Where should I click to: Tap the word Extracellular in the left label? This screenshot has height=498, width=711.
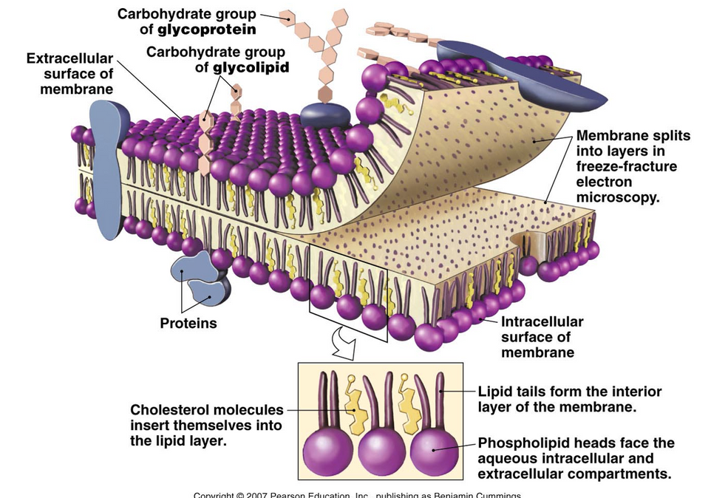70,58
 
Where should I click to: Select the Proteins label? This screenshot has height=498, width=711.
188,323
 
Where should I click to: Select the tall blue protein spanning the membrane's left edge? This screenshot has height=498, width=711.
105,166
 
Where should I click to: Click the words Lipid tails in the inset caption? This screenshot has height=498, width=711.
511,392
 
